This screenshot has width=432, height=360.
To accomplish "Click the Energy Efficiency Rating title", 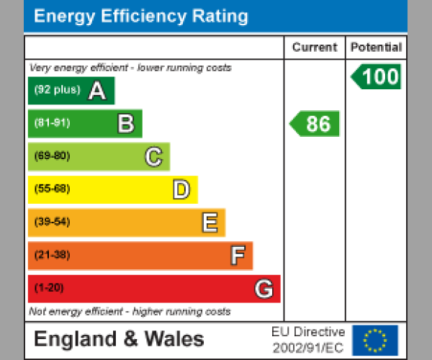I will click(x=141, y=16).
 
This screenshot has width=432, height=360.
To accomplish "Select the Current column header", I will click(x=314, y=48).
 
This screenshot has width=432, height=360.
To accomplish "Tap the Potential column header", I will click(x=376, y=48).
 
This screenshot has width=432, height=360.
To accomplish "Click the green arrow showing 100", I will click(x=376, y=77).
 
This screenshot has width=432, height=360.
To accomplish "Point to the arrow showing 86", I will click(x=315, y=124).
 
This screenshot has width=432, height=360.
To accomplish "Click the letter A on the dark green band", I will click(x=96, y=91).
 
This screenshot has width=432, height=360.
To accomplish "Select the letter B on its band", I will click(x=125, y=124).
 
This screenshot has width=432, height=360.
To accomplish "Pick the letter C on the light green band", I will click(x=153, y=157).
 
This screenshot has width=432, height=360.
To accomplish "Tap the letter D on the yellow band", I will click(x=181, y=190).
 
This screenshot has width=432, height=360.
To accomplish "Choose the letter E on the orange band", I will click(x=210, y=223).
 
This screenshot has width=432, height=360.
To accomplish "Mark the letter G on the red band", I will click(x=264, y=289).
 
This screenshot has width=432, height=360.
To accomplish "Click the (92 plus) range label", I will click(x=58, y=91).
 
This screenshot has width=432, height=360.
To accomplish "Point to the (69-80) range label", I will click(x=52, y=156).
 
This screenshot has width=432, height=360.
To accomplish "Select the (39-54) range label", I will click(x=52, y=222).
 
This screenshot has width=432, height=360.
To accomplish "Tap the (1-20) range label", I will click(x=49, y=288).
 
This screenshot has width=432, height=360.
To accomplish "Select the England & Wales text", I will click(x=119, y=339).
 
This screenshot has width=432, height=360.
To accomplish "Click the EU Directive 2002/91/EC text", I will click(x=308, y=340).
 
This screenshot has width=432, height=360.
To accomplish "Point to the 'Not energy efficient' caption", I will click(x=130, y=312).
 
